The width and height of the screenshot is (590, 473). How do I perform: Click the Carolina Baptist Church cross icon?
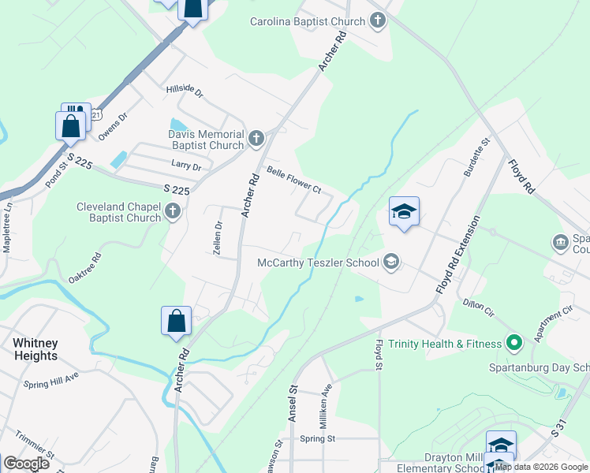tap(379, 21)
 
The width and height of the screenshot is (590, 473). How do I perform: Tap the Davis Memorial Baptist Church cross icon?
tap(256, 140)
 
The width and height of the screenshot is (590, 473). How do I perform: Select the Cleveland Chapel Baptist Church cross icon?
tap(172, 211)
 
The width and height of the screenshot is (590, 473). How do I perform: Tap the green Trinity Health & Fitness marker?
tap(514, 343)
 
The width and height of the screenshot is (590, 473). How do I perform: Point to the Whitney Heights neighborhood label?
tap(35, 349)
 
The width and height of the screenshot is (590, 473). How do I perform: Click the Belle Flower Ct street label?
tap(293, 179)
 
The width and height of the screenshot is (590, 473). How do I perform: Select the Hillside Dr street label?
tap(185, 91)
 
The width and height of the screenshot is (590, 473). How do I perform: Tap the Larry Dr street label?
tap(187, 166)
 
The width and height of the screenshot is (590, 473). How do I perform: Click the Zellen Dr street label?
tap(218, 234)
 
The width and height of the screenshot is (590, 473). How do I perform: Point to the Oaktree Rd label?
tap(85, 268)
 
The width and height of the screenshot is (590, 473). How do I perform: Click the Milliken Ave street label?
tap(325, 402)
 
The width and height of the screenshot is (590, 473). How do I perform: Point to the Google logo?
tap(26, 463)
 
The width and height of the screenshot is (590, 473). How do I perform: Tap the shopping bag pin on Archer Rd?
tap(177, 322)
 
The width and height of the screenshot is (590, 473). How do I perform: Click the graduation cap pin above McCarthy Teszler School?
tap(404, 211)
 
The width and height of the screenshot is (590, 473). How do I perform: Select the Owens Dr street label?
tap(113, 126)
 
